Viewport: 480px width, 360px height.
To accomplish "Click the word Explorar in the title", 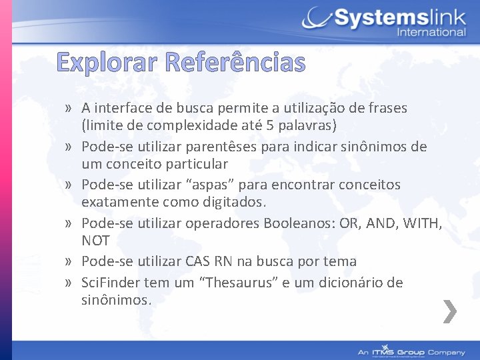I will pyautogui.click(x=106, y=63).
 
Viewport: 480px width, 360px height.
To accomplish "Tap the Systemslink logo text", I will pyautogui.click(x=399, y=17).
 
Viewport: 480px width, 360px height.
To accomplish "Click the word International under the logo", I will pyautogui.click(x=431, y=32).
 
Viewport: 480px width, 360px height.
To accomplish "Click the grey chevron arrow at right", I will pyautogui.click(x=450, y=311).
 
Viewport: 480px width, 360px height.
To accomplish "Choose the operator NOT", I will pyautogui.click(x=95, y=240).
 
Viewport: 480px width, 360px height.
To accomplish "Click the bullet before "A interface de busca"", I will pyautogui.click(x=69, y=108).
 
